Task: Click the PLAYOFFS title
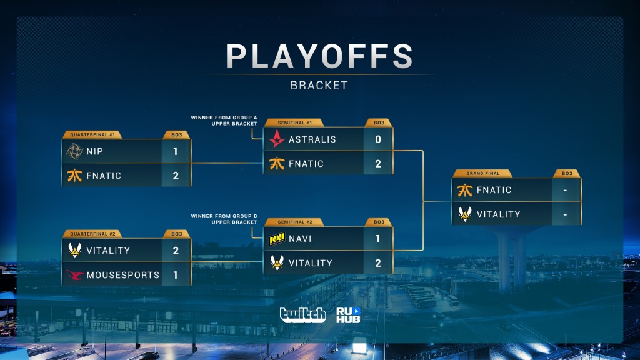pos(319,56)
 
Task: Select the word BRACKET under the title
pos(319,85)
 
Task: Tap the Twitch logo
pos(303,315)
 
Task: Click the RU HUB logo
pos(348,315)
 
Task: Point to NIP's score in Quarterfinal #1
pos(176,151)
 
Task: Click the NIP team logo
pos(75,151)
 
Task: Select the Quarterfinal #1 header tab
pos(92,135)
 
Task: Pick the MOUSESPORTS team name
pos(123,275)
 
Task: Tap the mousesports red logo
pos(74,275)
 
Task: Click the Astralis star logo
pos(277,139)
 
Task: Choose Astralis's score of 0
pos(378,139)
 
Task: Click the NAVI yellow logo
pos(277,239)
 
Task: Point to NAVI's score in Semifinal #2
pos(378,239)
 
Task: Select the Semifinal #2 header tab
pos(295,222)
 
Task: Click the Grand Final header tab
pos(483,174)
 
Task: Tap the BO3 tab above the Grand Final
pos(567,174)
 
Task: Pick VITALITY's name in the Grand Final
pos(498,214)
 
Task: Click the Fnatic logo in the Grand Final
pos(465,190)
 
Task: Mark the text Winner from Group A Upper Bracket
pos(224,121)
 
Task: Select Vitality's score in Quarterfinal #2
pos(176,251)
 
